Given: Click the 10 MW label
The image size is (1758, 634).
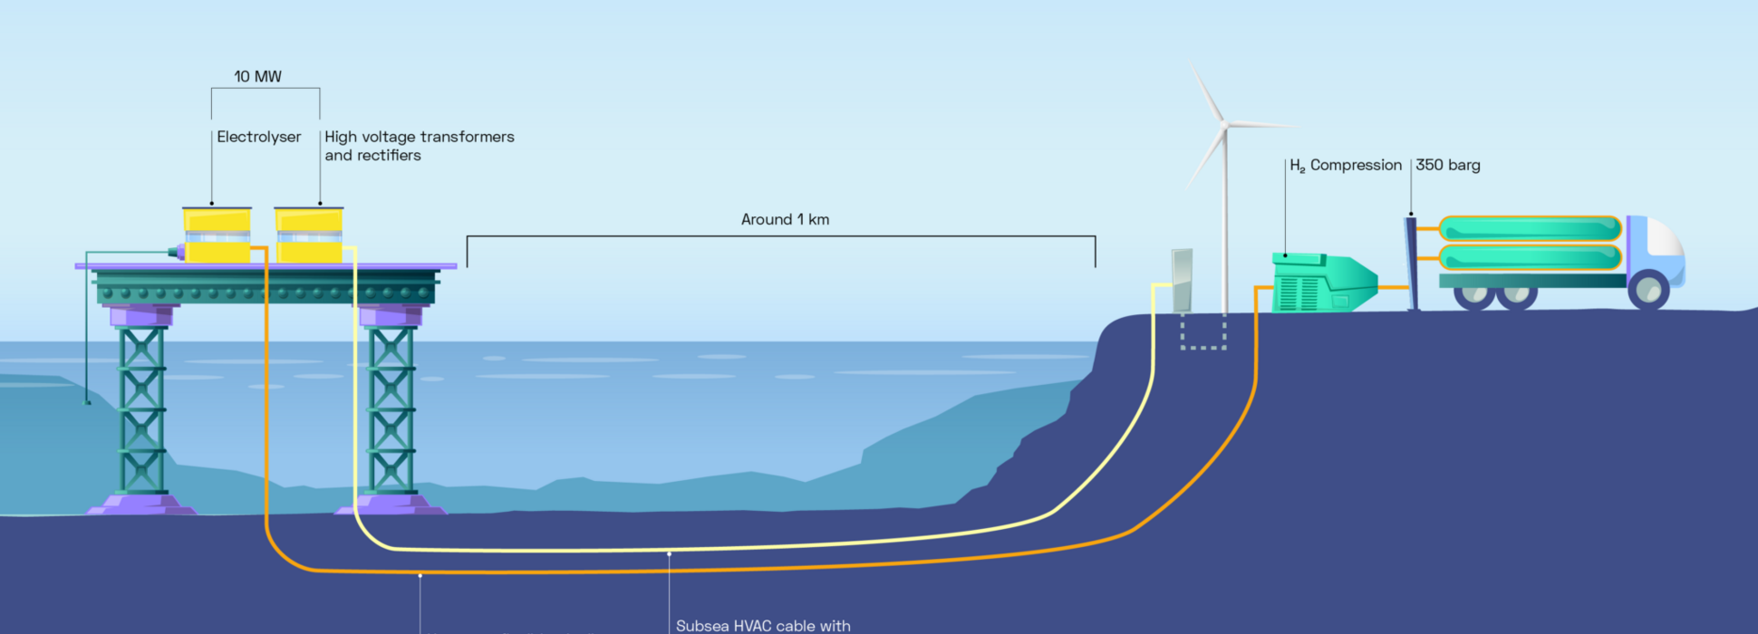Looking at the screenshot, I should pyautogui.click(x=258, y=77).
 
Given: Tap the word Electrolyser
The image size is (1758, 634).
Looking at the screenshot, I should pyautogui.click(x=259, y=137).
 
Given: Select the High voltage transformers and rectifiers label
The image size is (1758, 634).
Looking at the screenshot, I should pyautogui.click(x=419, y=146).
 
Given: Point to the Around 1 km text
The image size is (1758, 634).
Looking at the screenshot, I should pyautogui.click(x=785, y=219).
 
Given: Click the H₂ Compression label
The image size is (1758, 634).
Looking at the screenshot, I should pyautogui.click(x=1346, y=165).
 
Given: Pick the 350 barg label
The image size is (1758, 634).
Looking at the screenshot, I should pyautogui.click(x=1448, y=165).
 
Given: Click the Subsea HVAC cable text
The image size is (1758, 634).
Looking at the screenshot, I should pyautogui.click(x=763, y=626).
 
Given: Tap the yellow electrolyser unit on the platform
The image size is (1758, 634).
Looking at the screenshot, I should pyautogui.click(x=217, y=235).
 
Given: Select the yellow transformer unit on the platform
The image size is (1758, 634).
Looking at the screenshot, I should pyautogui.click(x=309, y=235).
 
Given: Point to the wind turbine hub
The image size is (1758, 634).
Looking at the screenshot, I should pyautogui.click(x=1224, y=124).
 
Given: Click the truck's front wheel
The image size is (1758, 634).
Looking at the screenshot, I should pyautogui.click(x=1648, y=291).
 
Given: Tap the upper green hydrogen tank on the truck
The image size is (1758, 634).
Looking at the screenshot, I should pyautogui.click(x=1530, y=228).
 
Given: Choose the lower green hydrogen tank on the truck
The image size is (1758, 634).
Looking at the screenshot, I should pyautogui.click(x=1530, y=257).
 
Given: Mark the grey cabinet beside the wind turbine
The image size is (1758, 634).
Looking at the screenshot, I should pyautogui.click(x=1182, y=280).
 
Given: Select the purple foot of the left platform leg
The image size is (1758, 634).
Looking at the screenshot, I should pyautogui.click(x=141, y=504).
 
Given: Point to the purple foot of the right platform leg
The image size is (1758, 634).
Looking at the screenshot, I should pyautogui.click(x=391, y=504).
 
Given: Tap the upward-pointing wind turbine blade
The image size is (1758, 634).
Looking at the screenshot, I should pyautogui.click(x=1207, y=92).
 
